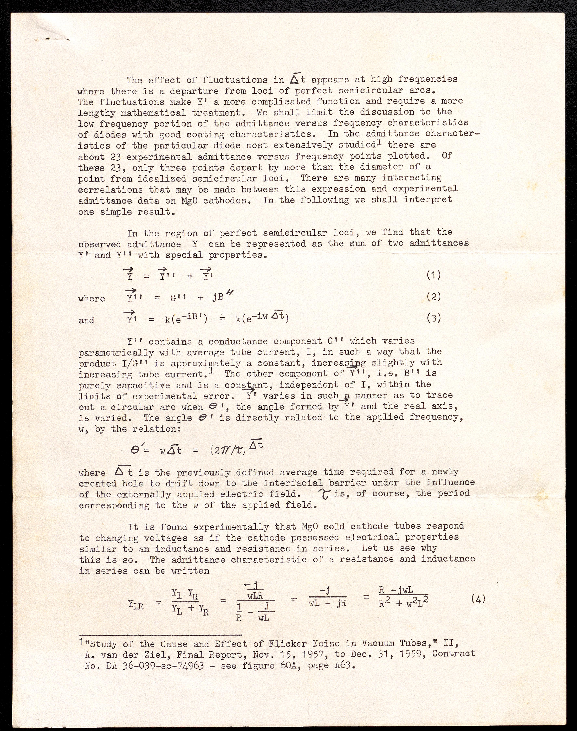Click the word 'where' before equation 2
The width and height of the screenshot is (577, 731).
(91, 299)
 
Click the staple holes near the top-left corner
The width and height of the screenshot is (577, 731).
(52, 39)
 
